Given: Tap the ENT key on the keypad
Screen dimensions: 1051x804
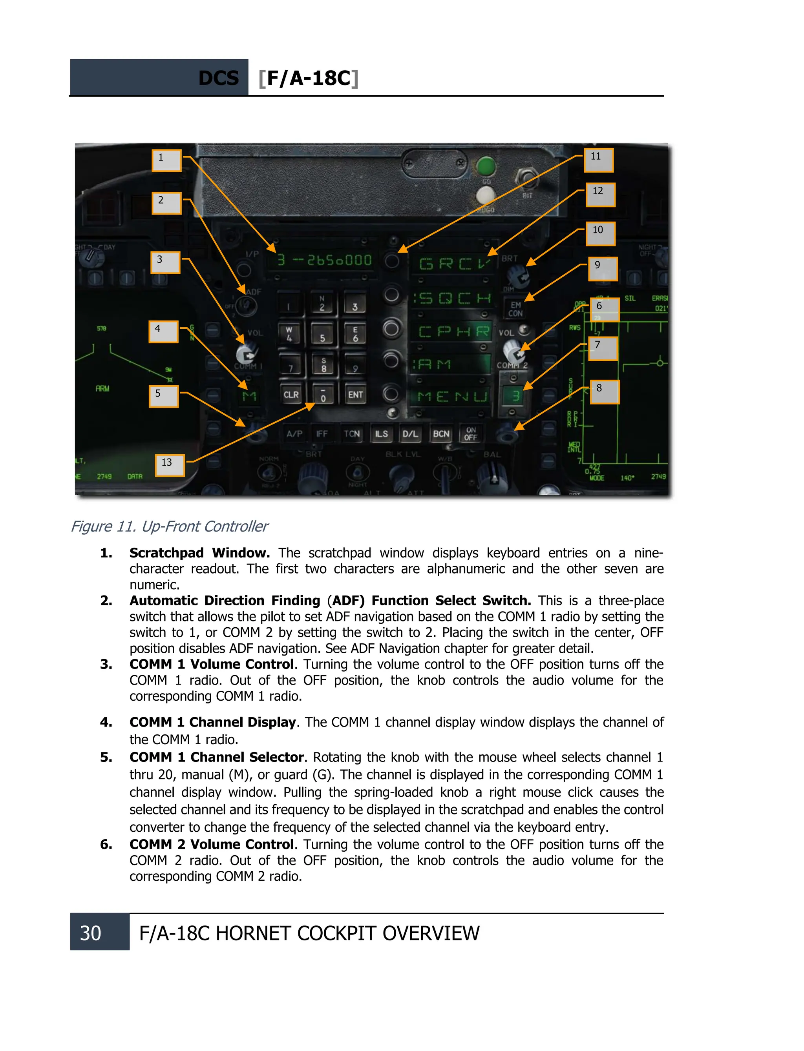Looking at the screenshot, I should pos(355,395).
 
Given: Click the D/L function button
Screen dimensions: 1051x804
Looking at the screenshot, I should pos(410,434).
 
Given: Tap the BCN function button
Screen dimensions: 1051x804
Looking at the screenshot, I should pos(441,434).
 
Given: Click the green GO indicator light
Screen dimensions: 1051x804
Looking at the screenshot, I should pos(486,167).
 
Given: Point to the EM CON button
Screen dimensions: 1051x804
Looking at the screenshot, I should pos(515,309).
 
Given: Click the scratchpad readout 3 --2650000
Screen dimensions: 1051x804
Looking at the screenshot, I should pos(325,260).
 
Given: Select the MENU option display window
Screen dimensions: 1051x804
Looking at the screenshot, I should pos(451,396).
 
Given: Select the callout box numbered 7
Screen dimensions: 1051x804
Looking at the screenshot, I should pos(603,348).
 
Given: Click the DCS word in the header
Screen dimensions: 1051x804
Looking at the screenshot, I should pos(218,78).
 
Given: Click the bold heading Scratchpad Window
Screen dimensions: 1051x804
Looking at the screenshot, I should pos(199,553).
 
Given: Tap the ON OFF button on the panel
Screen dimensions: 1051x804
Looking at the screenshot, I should pos(470,434).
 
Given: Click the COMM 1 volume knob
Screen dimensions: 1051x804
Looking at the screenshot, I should pos(247,355).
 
